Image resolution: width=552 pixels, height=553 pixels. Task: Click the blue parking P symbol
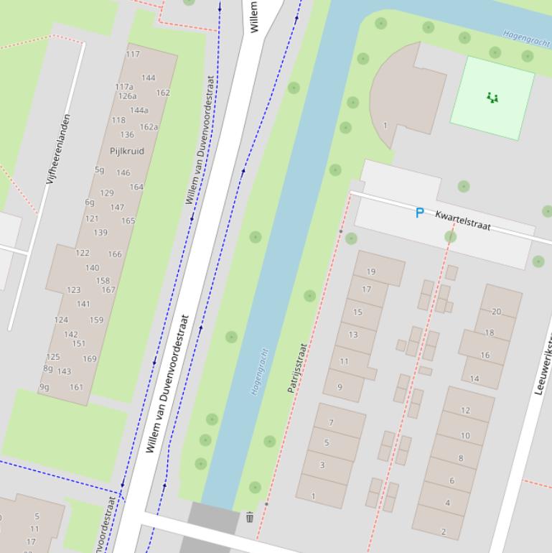pyautogui.click(x=419, y=213)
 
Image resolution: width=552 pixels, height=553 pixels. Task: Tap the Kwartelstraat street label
pyautogui.click(x=463, y=220)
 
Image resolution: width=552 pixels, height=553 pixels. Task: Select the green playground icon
pyautogui.click(x=492, y=98)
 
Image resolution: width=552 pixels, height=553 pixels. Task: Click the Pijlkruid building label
pyautogui.click(x=127, y=151)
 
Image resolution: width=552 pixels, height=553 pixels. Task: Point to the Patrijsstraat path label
pyautogui.click(x=297, y=368)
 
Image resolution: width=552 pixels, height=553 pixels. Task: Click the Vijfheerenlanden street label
pyautogui.click(x=58, y=149)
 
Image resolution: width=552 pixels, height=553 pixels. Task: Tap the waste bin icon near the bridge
pyautogui.click(x=250, y=517)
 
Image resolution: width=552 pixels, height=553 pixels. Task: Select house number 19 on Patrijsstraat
pyautogui.click(x=371, y=271)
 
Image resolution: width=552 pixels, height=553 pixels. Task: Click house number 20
pyautogui.click(x=496, y=312)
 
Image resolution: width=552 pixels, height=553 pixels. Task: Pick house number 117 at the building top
pyautogui.click(x=133, y=54)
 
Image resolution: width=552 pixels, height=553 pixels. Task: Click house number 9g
pyautogui.click(x=45, y=387)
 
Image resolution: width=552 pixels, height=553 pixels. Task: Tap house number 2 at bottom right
pyautogui.click(x=444, y=532)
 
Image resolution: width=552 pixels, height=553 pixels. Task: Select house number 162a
pyautogui.click(x=149, y=127)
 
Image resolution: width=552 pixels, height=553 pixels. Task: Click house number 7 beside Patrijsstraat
pyautogui.click(x=331, y=422)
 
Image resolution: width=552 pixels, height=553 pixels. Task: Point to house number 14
pyautogui.click(x=474, y=378)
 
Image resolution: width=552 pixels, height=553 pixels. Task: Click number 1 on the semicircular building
pyautogui.click(x=385, y=126)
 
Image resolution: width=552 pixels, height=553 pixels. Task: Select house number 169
pyautogui.click(x=89, y=358)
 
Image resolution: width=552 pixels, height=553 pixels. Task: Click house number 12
pyautogui.click(x=465, y=410)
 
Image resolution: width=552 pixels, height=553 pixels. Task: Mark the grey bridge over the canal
pyautogui.click(x=214, y=519)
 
